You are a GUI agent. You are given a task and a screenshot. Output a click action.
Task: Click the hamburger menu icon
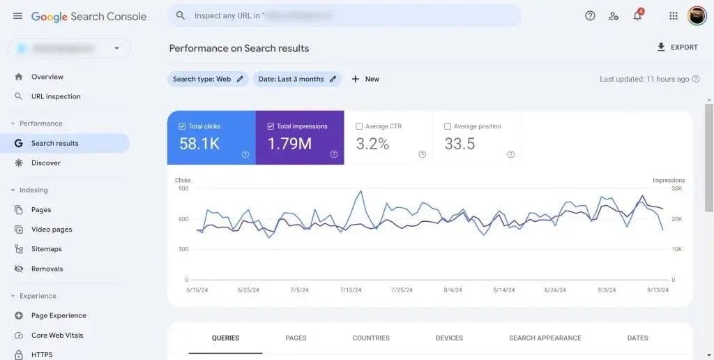(17, 16)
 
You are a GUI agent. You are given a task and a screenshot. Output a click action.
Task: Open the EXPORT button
(677, 47)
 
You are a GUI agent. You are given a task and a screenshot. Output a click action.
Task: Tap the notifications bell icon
(637, 16)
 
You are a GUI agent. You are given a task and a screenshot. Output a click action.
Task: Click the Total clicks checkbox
(182, 126)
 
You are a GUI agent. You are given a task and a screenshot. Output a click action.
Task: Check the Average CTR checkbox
(359, 126)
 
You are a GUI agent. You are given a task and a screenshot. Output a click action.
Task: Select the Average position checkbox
(448, 126)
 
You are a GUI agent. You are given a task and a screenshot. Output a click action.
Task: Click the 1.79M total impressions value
(289, 144)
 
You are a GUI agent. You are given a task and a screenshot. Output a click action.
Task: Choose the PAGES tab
(296, 338)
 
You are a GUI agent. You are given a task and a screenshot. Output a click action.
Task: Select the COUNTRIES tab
(371, 338)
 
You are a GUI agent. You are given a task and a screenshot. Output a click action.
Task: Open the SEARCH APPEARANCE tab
(545, 338)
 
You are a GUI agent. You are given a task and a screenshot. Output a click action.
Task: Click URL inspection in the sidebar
(56, 96)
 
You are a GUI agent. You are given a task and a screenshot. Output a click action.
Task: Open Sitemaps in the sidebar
(47, 249)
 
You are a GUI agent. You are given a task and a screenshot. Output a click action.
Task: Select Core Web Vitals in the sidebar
(57, 336)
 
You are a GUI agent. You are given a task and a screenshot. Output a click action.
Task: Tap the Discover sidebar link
(46, 163)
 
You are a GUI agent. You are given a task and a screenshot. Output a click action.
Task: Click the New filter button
(365, 80)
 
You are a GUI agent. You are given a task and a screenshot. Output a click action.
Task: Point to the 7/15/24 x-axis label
(351, 290)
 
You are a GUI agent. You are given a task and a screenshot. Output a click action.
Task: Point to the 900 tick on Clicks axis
(183, 188)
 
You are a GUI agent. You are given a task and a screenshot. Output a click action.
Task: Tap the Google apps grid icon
(673, 16)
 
